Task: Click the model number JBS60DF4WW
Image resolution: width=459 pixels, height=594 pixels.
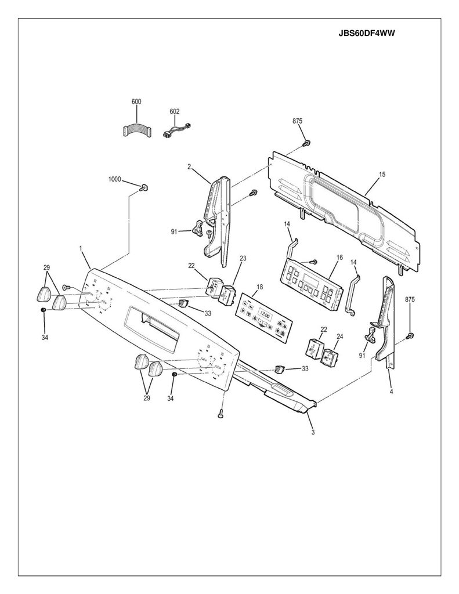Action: [x=367, y=33]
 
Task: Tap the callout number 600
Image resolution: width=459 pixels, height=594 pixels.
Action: [x=136, y=102]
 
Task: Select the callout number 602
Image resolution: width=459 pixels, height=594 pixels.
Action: [x=174, y=111]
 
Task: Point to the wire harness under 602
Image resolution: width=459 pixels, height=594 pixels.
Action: [x=175, y=131]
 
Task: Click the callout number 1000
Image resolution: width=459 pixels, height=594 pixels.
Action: [x=114, y=179]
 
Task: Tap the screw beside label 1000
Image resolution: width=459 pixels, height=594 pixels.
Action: [x=144, y=187]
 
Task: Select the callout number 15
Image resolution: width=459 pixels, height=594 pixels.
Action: [x=382, y=174]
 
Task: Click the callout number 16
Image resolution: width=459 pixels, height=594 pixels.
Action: [x=339, y=258]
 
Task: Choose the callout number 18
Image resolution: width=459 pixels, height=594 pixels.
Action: [x=259, y=287]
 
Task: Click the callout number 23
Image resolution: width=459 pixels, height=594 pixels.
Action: [x=243, y=258]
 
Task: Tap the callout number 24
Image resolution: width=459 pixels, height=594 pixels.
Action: [x=339, y=336]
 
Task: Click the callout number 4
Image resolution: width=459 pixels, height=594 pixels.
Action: [x=391, y=392]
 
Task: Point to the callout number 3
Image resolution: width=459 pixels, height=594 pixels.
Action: [x=313, y=432]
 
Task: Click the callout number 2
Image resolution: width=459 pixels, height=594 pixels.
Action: [x=189, y=166]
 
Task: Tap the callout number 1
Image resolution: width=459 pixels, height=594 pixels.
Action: [x=80, y=248]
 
